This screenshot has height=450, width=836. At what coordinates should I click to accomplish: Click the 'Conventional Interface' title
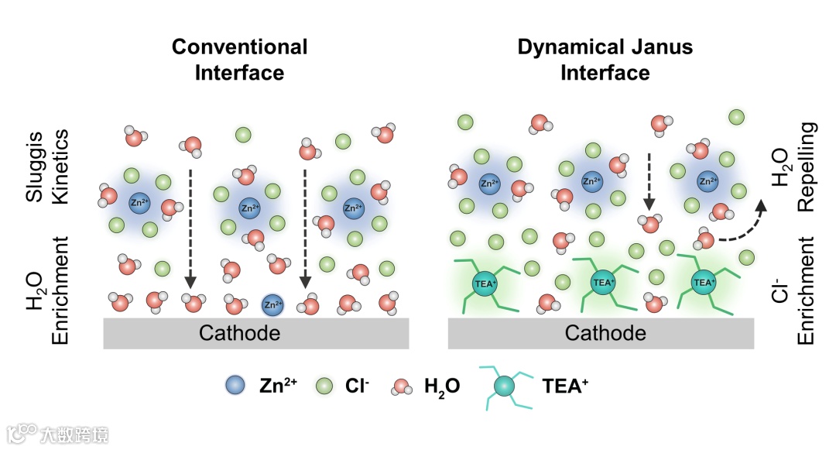[x=239, y=60]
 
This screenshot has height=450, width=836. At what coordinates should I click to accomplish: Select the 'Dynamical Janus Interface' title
[x=605, y=60]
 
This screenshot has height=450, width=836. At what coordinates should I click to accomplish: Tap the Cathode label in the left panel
[x=239, y=333]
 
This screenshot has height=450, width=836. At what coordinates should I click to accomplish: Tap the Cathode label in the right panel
[x=605, y=333]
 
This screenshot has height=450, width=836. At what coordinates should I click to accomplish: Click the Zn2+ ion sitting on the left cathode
[x=272, y=304]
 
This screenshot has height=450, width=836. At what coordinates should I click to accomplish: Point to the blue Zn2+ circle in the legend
[x=235, y=384]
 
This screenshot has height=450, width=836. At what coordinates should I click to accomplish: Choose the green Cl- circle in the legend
[x=326, y=384]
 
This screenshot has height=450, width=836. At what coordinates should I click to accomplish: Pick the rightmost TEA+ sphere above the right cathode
[x=703, y=283]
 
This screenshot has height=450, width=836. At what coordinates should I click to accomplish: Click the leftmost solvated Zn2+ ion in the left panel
[x=139, y=203]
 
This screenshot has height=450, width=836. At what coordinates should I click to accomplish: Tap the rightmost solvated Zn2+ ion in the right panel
[x=708, y=182]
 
